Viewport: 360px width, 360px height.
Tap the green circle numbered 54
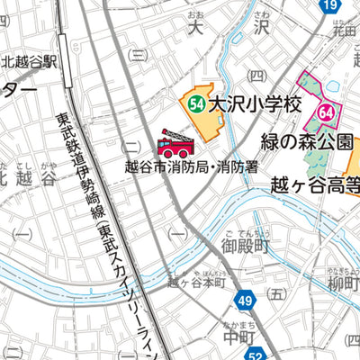(x=196, y=104)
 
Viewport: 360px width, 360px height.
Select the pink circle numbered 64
(x=326, y=113)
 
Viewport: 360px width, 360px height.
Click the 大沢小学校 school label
(x=253, y=104)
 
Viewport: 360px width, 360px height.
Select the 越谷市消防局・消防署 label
(x=192, y=166)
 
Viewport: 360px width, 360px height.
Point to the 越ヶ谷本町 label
(x=195, y=281)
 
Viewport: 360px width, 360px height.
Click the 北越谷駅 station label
(x=29, y=61)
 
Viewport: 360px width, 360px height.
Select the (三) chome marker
(x=138, y=53)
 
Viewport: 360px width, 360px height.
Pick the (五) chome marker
(x=276, y=293)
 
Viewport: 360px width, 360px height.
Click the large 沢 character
(x=261, y=28)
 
